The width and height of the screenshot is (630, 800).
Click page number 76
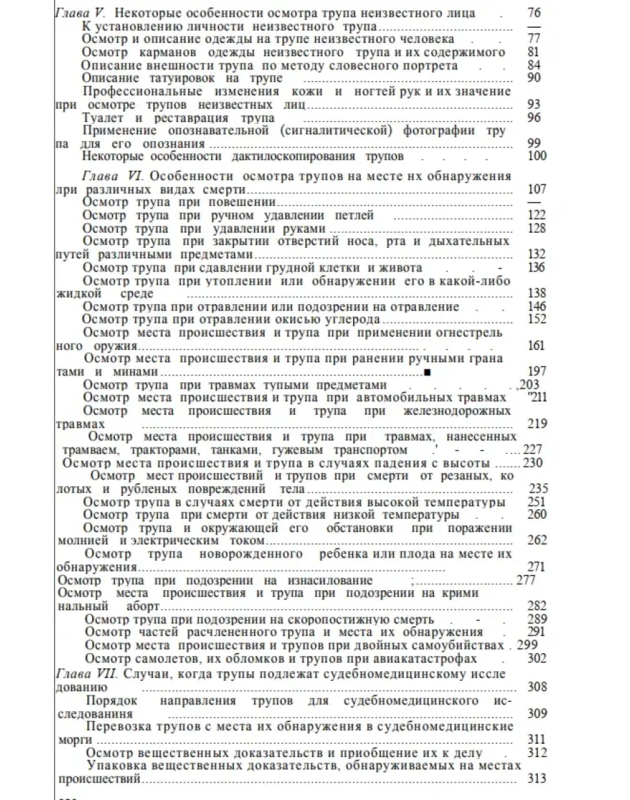pyautogui.click(x=534, y=12)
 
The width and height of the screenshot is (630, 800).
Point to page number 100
pyautogui.click(x=537, y=157)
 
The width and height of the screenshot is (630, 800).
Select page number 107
pyautogui.click(x=537, y=189)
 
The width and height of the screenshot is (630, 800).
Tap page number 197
pyautogui.click(x=537, y=372)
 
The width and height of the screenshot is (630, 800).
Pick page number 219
pyautogui.click(x=537, y=424)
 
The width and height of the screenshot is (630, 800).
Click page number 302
pyautogui.click(x=537, y=659)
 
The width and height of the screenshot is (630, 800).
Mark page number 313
pyautogui.click(x=537, y=779)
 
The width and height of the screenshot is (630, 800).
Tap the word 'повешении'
pyautogui.click(x=244, y=202)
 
